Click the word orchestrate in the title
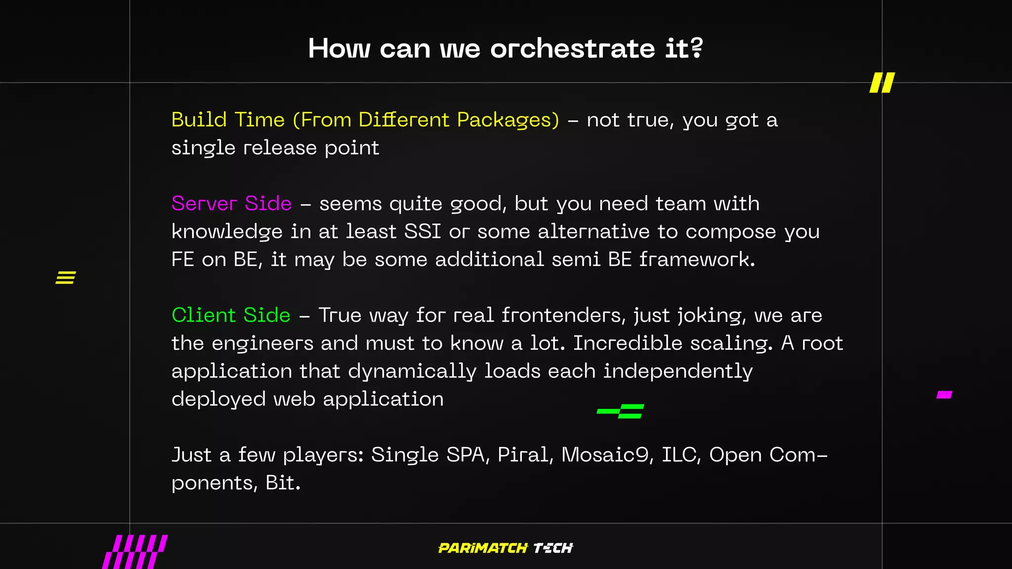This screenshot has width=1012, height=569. [x=572, y=49]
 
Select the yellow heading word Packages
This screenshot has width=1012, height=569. [x=508, y=120]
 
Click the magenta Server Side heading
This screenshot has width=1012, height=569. [x=231, y=203]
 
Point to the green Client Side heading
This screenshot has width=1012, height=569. [x=231, y=315]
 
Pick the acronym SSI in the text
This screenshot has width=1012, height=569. [x=422, y=232]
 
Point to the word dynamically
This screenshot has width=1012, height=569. [x=412, y=371]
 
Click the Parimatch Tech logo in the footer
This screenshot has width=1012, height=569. [x=506, y=548]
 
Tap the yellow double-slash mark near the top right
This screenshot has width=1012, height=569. [x=882, y=82]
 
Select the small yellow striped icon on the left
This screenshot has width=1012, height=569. [x=66, y=278]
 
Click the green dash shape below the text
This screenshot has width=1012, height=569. [x=621, y=411]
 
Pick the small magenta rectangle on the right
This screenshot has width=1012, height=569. [x=944, y=395]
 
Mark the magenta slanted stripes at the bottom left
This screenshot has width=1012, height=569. [x=135, y=552]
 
